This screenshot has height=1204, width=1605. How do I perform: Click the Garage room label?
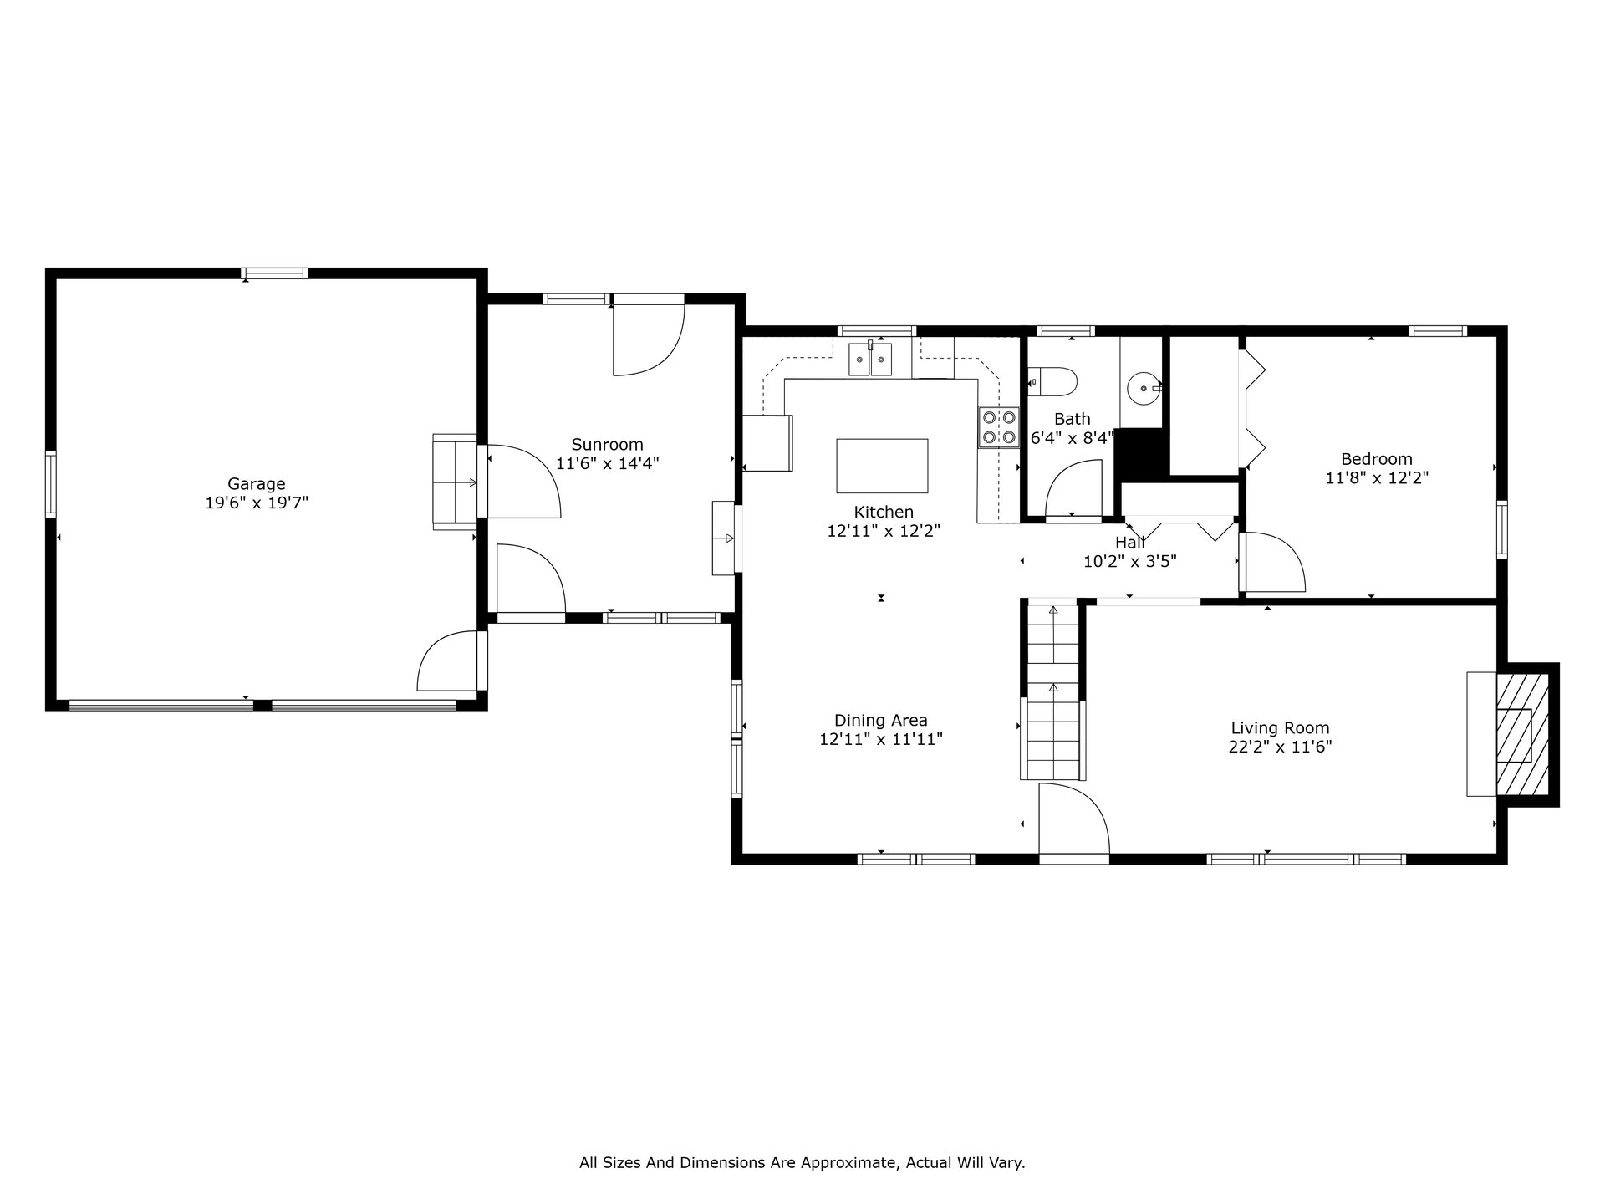(x=257, y=483)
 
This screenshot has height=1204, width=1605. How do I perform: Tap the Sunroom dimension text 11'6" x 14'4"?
(x=608, y=463)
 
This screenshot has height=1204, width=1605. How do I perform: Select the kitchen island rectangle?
(x=882, y=466)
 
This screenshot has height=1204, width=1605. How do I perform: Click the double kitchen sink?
(x=871, y=360)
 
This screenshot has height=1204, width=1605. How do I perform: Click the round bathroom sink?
(x=1143, y=388)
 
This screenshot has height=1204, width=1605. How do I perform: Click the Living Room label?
(x=1280, y=728)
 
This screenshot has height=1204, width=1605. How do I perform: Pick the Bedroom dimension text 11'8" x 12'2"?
(x=1377, y=478)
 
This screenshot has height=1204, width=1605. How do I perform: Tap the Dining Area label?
(x=881, y=721)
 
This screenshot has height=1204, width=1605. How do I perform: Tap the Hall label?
(x=1130, y=543)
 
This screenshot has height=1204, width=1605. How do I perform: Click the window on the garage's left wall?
(x=51, y=483)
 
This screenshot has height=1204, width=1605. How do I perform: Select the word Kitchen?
(x=884, y=512)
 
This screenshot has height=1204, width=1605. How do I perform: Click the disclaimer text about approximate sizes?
(x=802, y=1162)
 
